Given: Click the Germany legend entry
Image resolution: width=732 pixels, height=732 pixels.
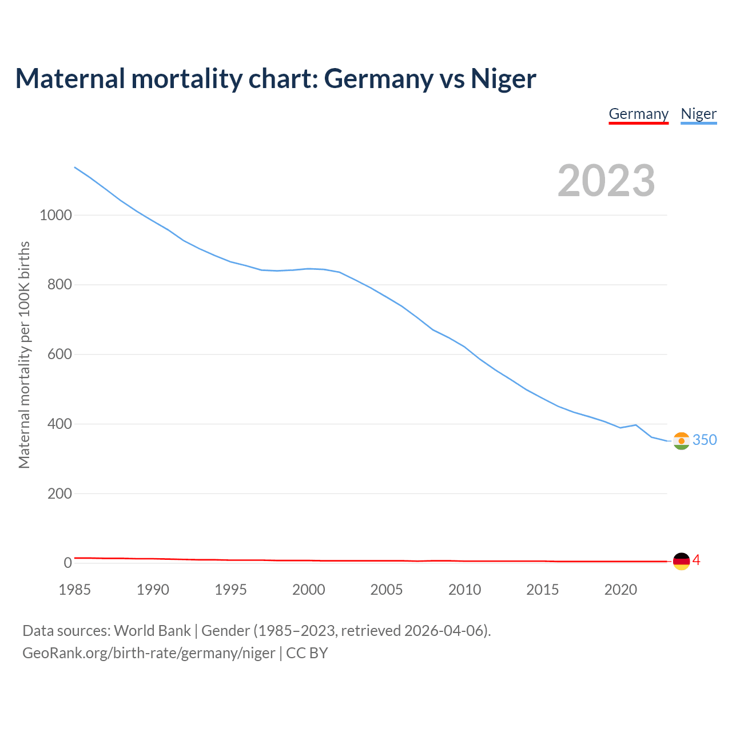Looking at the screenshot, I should [638, 114].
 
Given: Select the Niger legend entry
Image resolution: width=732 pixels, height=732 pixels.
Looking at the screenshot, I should [698, 114].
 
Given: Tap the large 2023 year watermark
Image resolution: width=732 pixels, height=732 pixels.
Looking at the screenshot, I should [606, 181].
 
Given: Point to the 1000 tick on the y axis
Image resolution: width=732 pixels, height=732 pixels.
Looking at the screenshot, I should [55, 216].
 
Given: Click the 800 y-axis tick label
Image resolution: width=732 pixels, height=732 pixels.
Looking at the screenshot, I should [59, 285].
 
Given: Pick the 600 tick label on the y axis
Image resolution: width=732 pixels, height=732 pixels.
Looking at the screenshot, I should [59, 355].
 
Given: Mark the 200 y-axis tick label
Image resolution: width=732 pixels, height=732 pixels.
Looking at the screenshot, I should [59, 494].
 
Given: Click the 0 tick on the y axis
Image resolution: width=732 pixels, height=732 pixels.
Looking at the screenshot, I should [68, 563].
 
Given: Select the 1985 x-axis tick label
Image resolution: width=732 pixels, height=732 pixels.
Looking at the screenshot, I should [75, 590].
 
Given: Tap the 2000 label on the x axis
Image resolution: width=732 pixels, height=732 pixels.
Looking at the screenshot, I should [309, 590].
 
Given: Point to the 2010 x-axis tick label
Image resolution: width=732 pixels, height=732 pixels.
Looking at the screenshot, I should [464, 590].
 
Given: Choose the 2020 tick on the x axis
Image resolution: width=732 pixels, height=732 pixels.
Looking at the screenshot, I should [620, 590].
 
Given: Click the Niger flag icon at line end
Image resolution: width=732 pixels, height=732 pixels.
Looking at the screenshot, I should [681, 441].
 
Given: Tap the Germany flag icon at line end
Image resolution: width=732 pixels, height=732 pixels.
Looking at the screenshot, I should [681, 562].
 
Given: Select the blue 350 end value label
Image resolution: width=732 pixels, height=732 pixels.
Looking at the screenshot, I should [705, 440].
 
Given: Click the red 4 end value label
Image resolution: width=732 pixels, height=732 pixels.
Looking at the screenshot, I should [697, 560].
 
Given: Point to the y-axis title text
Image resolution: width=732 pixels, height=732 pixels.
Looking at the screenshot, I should [24, 355].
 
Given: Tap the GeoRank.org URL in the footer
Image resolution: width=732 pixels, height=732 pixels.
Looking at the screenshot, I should [149, 653].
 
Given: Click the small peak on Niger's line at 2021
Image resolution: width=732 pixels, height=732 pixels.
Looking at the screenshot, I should [636, 425].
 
